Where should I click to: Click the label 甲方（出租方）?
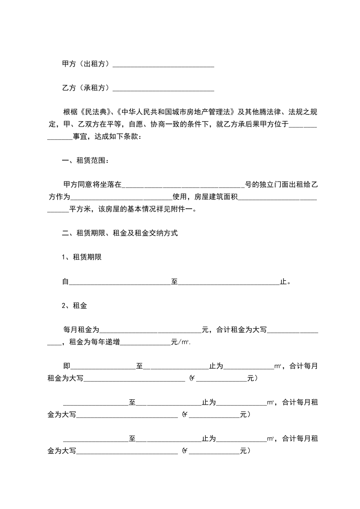tap(86, 64)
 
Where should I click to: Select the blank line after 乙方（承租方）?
tap(163, 89)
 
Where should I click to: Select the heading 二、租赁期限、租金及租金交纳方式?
tap(119, 234)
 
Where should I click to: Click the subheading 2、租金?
tap(74, 306)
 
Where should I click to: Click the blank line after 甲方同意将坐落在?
tap(183, 186)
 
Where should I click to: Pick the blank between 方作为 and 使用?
tap(121, 198)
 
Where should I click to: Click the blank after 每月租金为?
tap(150, 332)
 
